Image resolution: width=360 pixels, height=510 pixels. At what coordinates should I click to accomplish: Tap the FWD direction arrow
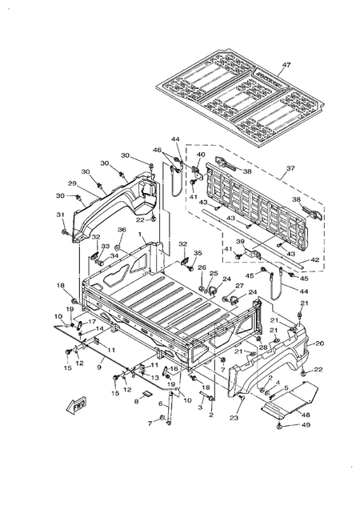pos(78,404)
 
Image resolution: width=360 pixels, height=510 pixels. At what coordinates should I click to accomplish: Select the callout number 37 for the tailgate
pos(290,169)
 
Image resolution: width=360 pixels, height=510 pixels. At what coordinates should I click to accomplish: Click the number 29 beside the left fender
pos(71,184)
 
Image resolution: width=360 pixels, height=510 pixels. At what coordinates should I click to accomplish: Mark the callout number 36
pos(122,230)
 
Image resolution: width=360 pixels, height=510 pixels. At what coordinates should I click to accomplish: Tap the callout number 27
pos(238,286)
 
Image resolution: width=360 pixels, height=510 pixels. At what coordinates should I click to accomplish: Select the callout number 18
pos(59,286)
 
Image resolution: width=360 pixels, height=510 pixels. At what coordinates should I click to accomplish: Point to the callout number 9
pos(99,367)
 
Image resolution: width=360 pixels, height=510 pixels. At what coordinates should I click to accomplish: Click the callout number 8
pos(136,403)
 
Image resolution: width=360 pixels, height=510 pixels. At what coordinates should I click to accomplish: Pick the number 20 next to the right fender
pos(319,343)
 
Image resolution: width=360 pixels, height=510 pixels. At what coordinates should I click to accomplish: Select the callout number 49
pos(305,425)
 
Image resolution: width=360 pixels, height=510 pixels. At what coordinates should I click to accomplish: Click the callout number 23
pos(234,418)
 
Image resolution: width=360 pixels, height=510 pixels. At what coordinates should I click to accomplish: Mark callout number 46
pos(158,150)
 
